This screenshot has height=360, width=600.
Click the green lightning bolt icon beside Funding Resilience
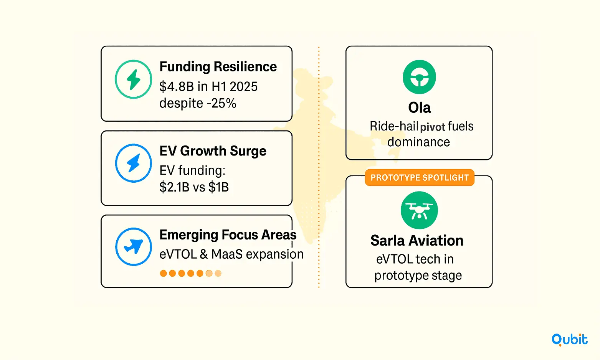tap(133, 79)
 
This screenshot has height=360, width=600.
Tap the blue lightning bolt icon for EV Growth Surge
tap(133, 163)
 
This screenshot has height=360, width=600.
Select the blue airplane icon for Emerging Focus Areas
tap(133, 247)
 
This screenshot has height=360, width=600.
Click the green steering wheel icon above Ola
tap(419, 77)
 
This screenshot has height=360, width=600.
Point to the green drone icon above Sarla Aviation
tap(419, 210)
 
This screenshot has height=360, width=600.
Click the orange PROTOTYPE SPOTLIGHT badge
tap(420, 177)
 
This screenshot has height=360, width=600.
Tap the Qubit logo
tap(569, 340)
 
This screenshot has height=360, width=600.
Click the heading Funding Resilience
tap(218, 67)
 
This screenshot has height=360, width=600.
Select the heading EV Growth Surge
tap(213, 151)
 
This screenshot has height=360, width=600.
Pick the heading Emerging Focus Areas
tap(228, 235)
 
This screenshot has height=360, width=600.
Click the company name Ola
tap(419, 108)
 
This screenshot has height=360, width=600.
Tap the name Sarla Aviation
tap(417, 241)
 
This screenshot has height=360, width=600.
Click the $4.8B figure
tap(177, 86)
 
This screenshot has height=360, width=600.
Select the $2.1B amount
tap(174, 187)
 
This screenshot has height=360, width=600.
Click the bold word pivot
tap(433, 127)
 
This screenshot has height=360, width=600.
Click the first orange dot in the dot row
tap(164, 273)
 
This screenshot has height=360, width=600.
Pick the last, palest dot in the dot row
tap(218, 273)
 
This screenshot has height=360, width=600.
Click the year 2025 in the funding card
tap(243, 86)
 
